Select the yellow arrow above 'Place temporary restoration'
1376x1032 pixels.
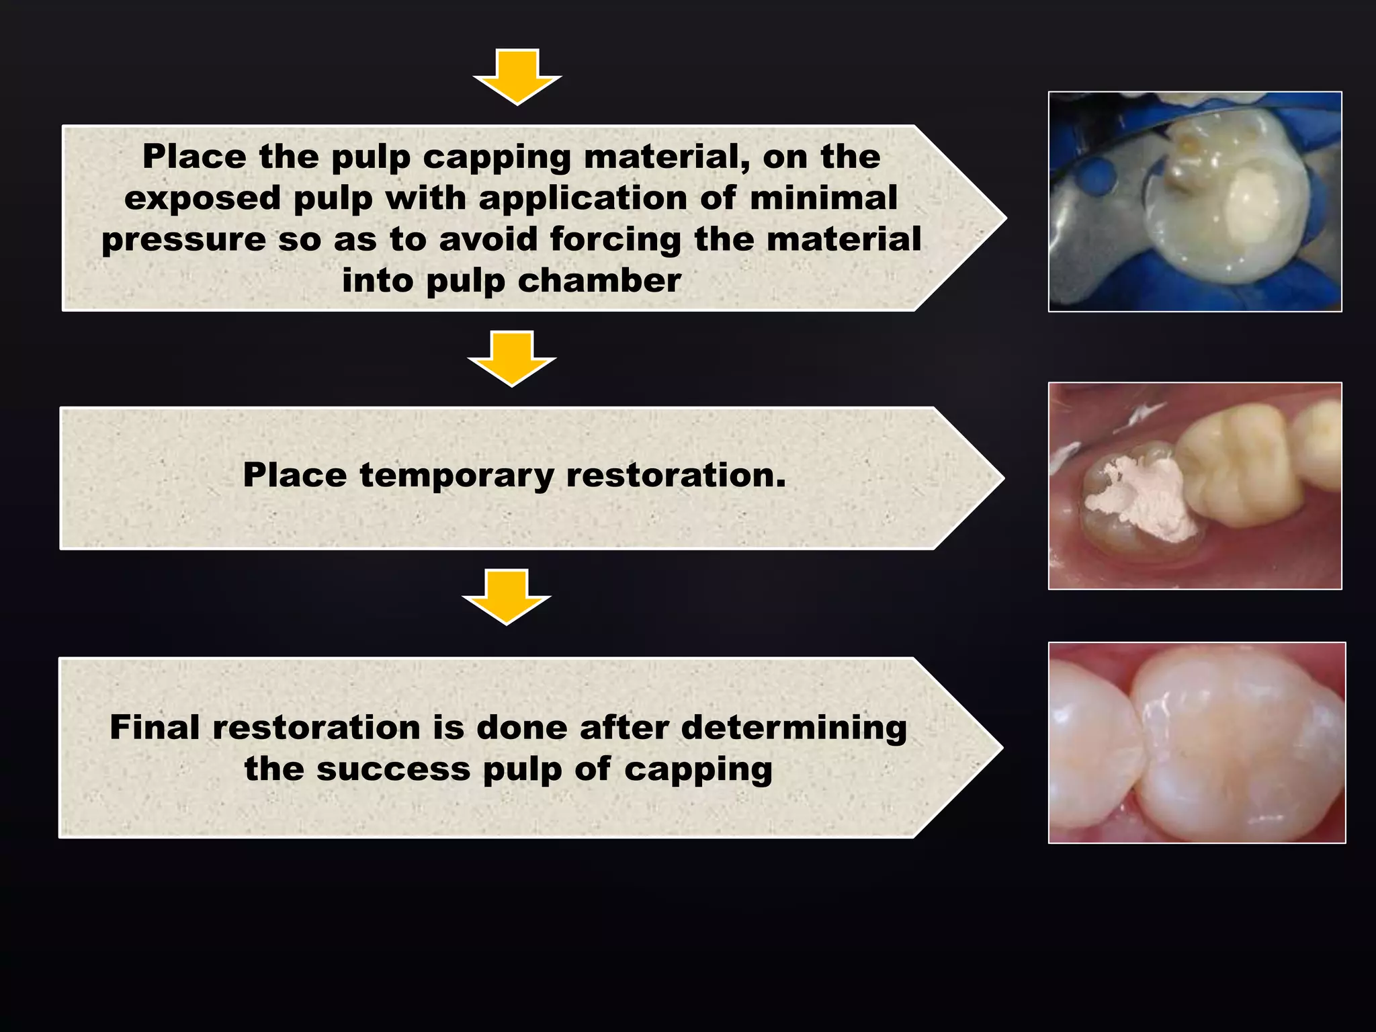coord(512,357)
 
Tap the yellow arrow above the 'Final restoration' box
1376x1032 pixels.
coord(507,596)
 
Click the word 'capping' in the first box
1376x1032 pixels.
coord(497,157)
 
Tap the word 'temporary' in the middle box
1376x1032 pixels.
coord(457,476)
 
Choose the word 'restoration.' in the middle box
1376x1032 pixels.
coord(676,476)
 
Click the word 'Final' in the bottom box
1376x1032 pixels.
coord(155,728)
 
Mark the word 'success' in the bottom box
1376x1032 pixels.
coord(393,769)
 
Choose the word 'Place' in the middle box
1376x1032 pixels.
coord(295,476)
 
